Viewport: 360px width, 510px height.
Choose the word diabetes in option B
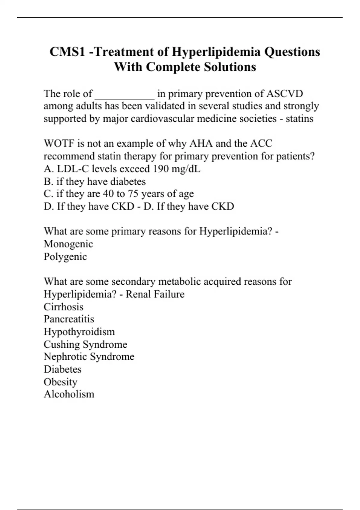[128, 181]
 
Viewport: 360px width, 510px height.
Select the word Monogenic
[68, 244]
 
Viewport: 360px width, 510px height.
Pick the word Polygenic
[65, 256]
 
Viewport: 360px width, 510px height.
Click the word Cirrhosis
[64, 307]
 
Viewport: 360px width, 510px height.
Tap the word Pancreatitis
[69, 319]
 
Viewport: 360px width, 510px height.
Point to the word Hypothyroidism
[79, 331]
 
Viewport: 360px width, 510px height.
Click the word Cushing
[62, 344]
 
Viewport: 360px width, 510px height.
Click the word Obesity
[61, 382]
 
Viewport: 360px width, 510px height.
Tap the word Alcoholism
[69, 394]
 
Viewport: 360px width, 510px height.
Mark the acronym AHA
[201, 143]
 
